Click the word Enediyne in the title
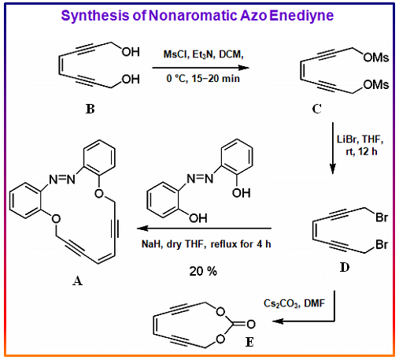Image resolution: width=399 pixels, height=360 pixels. click(x=301, y=16)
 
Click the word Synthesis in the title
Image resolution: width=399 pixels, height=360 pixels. click(x=94, y=16)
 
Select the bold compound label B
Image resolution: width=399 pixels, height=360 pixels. click(x=90, y=109)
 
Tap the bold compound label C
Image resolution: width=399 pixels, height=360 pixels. click(x=317, y=109)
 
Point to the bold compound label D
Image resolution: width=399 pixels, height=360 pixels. click(x=345, y=267)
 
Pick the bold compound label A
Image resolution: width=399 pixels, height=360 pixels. click(x=78, y=280)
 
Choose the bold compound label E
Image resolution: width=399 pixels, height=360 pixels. click(x=249, y=342)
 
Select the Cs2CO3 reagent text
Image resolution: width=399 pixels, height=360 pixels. click(x=281, y=303)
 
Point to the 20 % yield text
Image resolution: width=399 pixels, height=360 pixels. click(x=203, y=271)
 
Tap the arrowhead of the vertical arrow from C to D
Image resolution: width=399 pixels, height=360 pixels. click(x=333, y=169)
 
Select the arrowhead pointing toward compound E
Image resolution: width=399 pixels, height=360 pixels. click(x=278, y=321)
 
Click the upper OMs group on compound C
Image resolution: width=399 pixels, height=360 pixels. click(x=376, y=58)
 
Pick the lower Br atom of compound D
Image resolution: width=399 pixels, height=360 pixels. click(x=382, y=244)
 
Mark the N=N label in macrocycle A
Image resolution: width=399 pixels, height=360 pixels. click(x=62, y=180)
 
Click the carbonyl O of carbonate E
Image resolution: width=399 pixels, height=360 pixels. click(x=251, y=325)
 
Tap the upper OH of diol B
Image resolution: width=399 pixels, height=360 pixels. click(x=131, y=52)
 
